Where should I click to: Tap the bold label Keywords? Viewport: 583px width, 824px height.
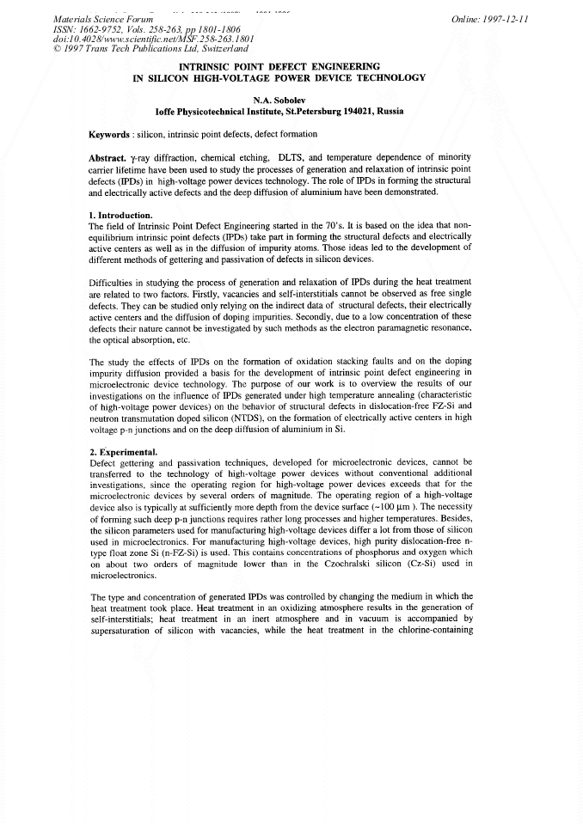point(109,134)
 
